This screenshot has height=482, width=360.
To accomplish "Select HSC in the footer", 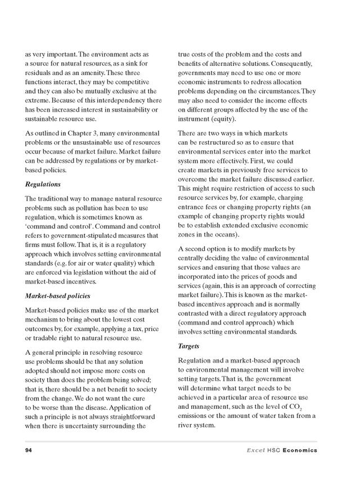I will pyautogui.click(x=274, y=450).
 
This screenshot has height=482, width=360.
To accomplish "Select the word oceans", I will pyautogui.click(x=223, y=234).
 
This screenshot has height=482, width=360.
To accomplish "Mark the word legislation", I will pyautogui.click(x=79, y=273).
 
